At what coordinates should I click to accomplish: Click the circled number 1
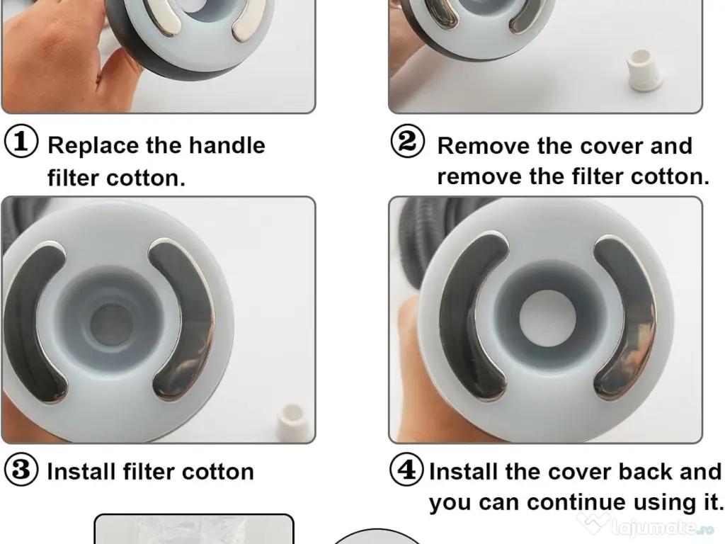(21, 141)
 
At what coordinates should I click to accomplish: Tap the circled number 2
(407, 141)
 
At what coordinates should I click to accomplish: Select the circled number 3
(21, 470)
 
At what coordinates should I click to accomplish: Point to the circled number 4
(406, 469)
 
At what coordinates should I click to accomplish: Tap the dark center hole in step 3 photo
(111, 324)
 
